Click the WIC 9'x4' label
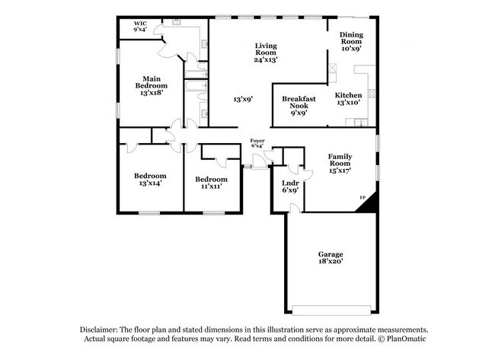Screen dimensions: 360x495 click(140, 27)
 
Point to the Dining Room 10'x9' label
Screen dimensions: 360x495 click(351, 41)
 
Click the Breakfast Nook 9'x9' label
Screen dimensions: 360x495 click(299, 105)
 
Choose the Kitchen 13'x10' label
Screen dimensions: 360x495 click(348, 98)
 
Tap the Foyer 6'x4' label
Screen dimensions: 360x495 click(257, 144)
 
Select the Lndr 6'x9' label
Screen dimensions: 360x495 click(289, 186)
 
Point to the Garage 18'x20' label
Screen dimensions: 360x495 click(331, 256)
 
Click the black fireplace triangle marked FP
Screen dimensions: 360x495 click(369, 202)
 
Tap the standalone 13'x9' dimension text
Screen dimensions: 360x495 click(242, 99)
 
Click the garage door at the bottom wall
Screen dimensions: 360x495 click(331, 309)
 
